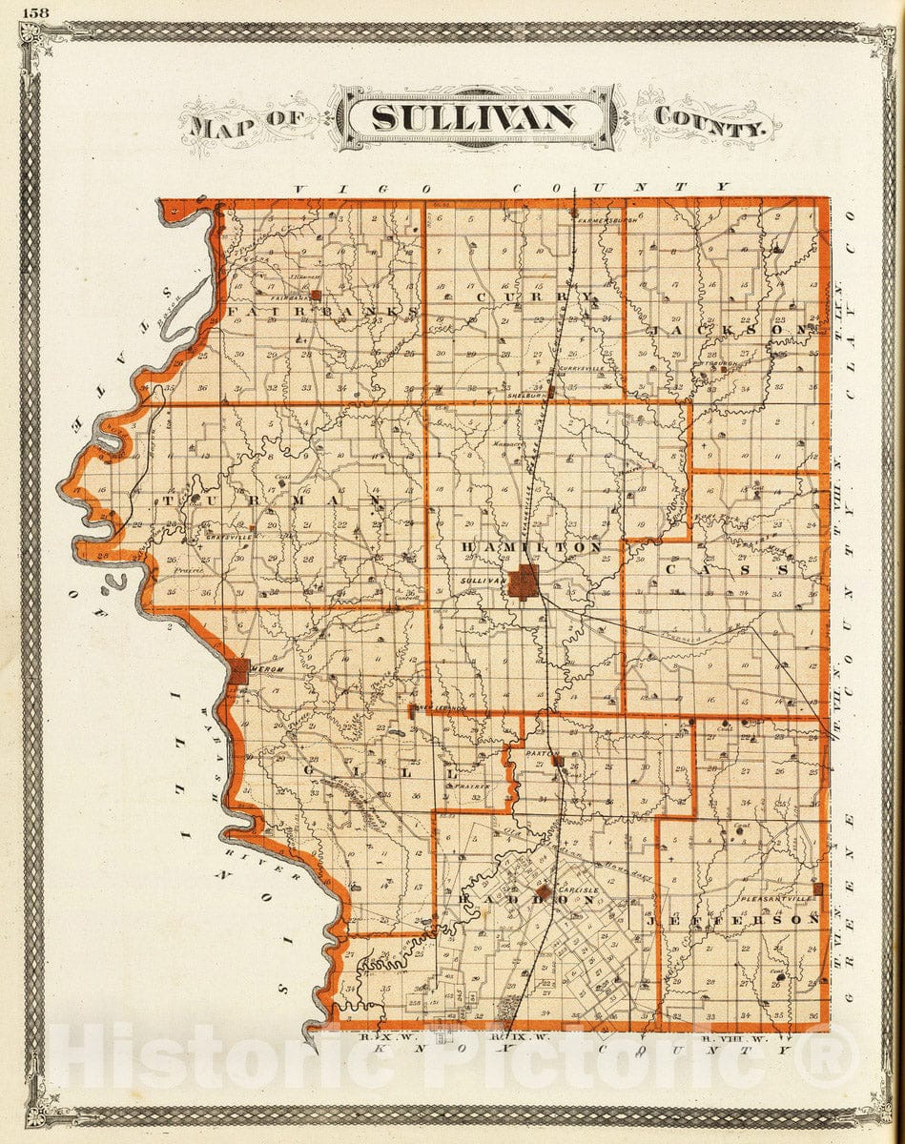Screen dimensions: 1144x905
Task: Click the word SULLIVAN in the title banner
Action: (474, 117)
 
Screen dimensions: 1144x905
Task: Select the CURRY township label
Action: (534, 297)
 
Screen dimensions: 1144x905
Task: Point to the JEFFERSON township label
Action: (733, 920)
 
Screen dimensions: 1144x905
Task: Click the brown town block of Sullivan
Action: (522, 582)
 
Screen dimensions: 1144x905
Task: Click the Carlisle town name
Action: (578, 890)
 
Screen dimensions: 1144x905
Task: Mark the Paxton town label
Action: (541, 753)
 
